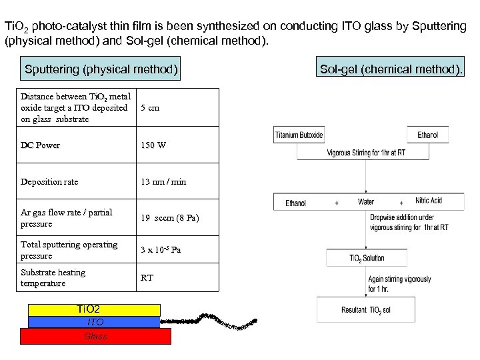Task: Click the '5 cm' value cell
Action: coord(150,107)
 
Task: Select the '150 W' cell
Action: coord(153,145)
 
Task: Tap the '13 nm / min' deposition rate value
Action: coord(163,181)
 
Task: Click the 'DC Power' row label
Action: coord(40,145)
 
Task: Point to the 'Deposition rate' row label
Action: coord(49,181)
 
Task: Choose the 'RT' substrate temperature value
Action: coord(147,277)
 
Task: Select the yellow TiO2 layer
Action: coord(94,310)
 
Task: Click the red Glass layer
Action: coord(95,336)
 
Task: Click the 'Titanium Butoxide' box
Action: coord(299,135)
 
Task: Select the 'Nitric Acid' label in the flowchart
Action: coord(429,201)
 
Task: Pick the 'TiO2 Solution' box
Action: coord(367,258)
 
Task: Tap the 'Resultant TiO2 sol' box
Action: coord(366,310)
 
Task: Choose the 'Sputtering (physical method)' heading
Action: coord(101,69)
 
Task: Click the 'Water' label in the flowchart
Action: coord(366,201)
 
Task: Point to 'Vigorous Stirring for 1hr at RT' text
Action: coord(366,153)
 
